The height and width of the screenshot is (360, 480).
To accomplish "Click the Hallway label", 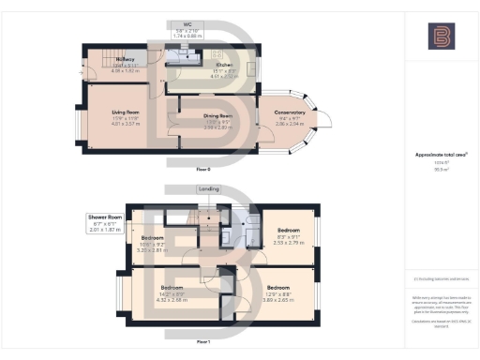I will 126,58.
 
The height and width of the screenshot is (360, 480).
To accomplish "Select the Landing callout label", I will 209,188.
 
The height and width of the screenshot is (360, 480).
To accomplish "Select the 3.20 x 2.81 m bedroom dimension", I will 154,251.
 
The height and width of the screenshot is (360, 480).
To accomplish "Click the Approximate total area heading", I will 442,154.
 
